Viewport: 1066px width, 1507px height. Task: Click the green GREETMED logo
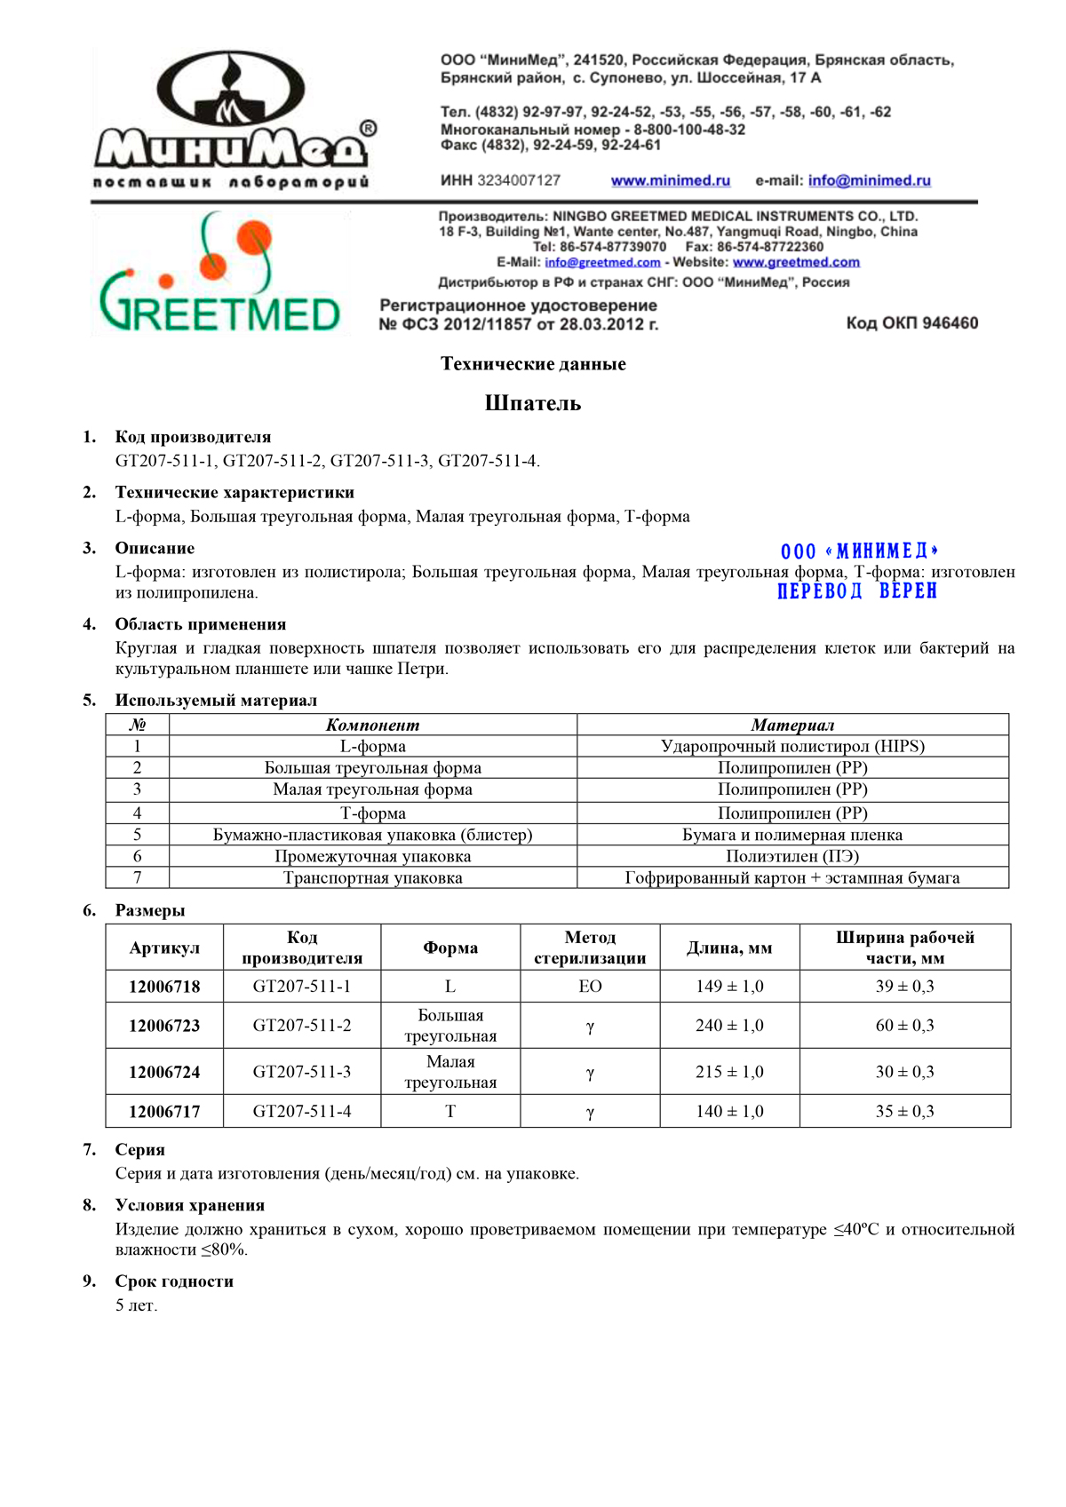click(219, 275)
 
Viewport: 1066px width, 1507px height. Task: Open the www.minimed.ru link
click(670, 180)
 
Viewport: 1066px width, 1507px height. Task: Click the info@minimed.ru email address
click(869, 180)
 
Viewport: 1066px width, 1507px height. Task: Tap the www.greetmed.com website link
click(796, 262)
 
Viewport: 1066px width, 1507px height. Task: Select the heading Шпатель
click(533, 403)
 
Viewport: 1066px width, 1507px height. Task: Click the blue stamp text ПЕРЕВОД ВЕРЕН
click(856, 591)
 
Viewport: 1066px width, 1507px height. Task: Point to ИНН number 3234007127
click(519, 180)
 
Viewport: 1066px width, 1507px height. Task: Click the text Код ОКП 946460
click(911, 323)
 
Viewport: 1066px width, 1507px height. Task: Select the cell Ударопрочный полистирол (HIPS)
click(792, 746)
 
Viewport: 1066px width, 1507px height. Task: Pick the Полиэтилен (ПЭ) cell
click(792, 856)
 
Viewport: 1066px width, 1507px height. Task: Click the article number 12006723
click(164, 1026)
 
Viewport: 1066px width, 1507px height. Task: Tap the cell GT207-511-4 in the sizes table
click(302, 1111)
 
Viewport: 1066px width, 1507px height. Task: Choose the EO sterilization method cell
click(590, 987)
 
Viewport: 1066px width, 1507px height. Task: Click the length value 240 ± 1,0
click(729, 1026)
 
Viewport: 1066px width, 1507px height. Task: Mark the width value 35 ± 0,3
click(904, 1111)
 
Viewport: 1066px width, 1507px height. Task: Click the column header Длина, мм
click(729, 948)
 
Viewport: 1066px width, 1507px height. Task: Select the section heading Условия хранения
click(189, 1205)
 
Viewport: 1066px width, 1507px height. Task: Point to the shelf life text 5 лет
click(136, 1305)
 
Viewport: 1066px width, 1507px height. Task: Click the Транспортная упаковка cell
click(372, 877)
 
